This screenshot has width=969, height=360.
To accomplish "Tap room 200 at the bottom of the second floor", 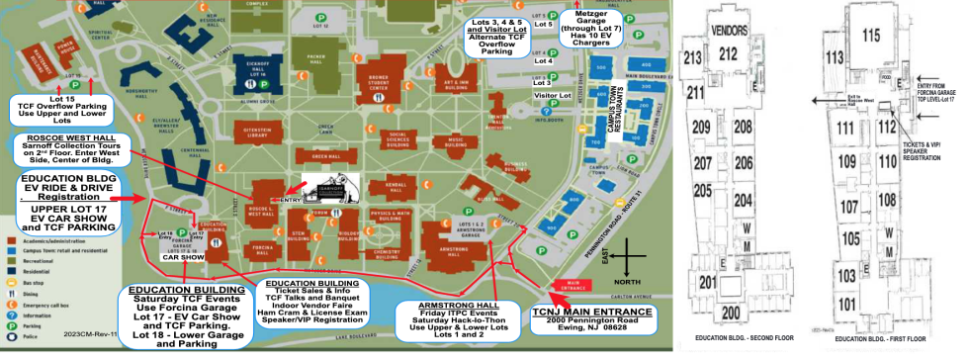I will pyautogui.click(x=731, y=314).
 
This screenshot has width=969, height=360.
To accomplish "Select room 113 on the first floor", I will pyautogui.click(x=834, y=55).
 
